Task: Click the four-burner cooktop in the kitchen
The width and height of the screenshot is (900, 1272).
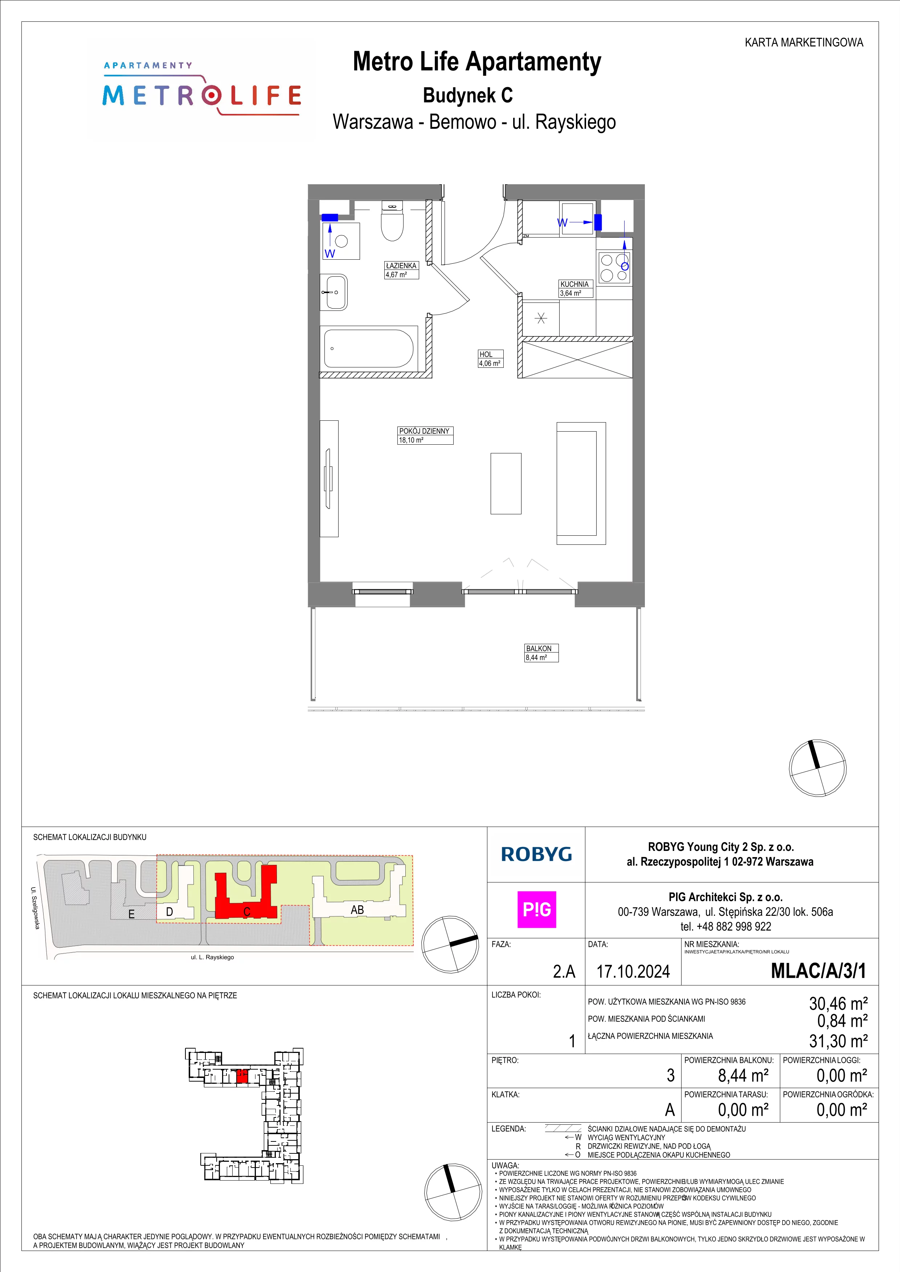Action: tap(613, 268)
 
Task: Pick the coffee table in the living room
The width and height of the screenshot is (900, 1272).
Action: tap(506, 483)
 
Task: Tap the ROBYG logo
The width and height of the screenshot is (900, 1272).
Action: tap(536, 854)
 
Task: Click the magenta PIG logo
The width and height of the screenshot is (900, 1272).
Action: tap(536, 910)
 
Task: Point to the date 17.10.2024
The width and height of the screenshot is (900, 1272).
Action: tap(633, 972)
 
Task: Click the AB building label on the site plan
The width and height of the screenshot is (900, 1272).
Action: tap(357, 910)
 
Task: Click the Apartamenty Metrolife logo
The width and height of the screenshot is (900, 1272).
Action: tap(202, 88)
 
